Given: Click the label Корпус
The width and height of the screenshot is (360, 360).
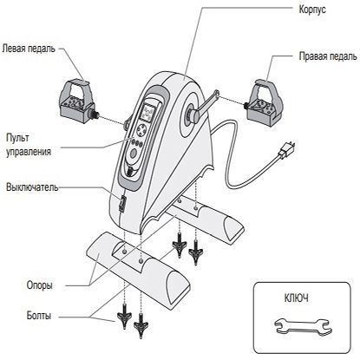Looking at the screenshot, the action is tap(312, 10).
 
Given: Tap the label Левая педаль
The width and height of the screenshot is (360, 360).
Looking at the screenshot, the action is tap(29, 48).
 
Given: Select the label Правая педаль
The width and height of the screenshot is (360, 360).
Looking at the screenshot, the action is tap(328, 56).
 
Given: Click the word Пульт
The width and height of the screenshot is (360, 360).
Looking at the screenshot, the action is tap(17, 138).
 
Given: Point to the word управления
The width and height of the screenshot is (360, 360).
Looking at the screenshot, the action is tap(29, 152).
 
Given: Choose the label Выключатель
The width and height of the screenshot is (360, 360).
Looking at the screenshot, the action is tap(32, 187).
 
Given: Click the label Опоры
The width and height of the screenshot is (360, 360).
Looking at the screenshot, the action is tap(40, 285).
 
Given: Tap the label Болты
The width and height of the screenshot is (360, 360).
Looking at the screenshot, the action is tap(39, 315).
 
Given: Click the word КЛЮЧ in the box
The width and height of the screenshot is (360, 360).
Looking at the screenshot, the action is tap(297, 298).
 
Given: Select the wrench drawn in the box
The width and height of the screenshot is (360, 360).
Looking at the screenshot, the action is tap(303, 327).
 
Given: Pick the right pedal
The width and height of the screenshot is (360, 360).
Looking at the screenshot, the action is tap(263, 103).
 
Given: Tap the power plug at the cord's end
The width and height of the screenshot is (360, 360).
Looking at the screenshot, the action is tap(286, 150).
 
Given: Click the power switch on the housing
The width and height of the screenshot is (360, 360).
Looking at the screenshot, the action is tap(122, 203).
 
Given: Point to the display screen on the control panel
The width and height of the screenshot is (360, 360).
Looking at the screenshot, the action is tap(149, 113).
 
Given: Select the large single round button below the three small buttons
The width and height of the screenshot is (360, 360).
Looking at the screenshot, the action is tap(134, 154).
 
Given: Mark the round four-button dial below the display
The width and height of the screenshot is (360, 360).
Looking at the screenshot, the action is tap(142, 129).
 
